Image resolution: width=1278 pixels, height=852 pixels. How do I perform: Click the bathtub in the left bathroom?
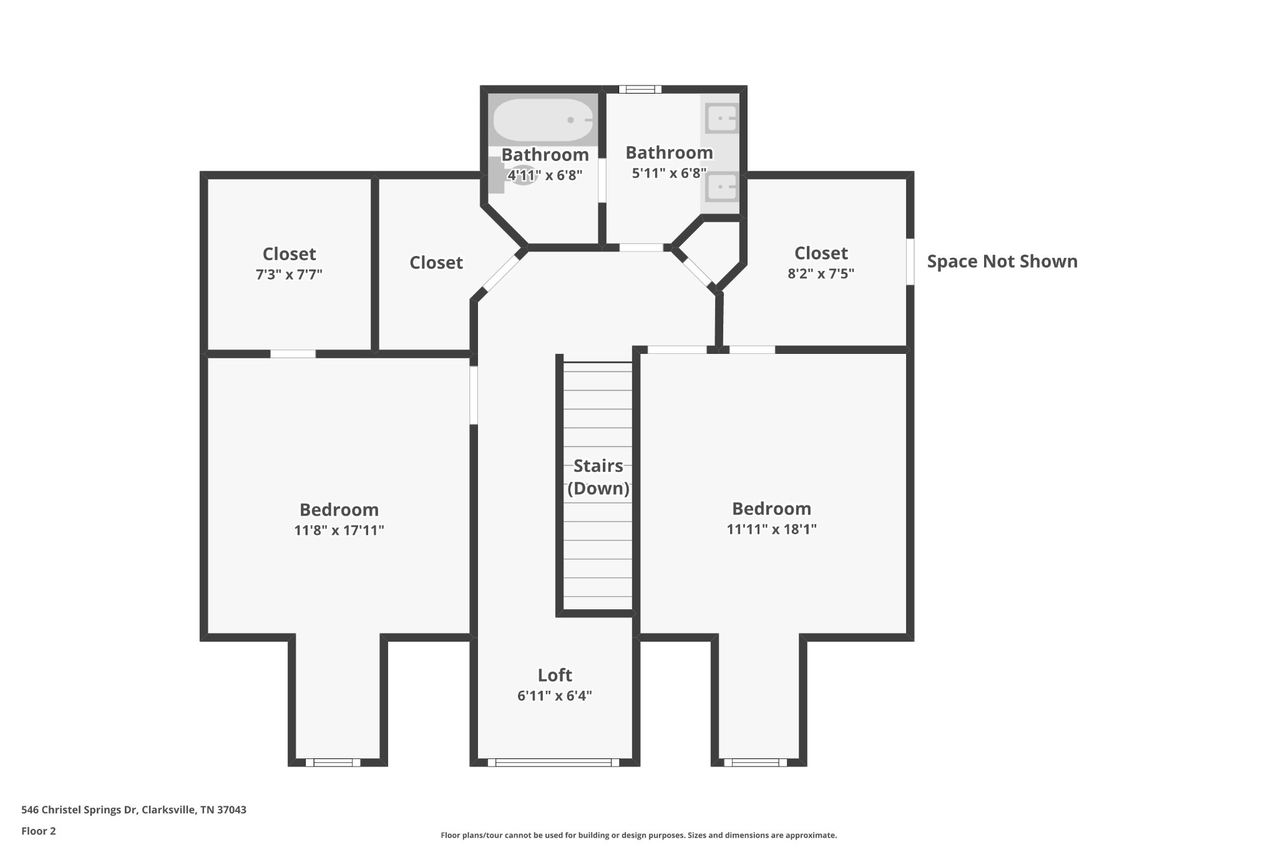click(x=542, y=120)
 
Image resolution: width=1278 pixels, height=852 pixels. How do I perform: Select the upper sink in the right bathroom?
click(x=721, y=118)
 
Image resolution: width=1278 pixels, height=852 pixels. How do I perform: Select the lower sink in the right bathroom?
click(x=721, y=187)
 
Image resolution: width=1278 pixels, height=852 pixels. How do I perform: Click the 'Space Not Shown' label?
click(x=1002, y=262)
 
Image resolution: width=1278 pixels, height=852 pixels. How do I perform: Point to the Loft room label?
click(x=555, y=675)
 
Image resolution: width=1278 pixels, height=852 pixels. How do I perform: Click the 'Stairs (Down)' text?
click(x=598, y=477)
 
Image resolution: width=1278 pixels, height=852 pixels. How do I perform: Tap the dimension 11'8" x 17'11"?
click(x=339, y=531)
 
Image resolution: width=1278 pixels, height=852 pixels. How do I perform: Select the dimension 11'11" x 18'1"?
click(x=771, y=529)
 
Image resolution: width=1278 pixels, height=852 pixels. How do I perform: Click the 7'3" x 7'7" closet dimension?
click(x=289, y=275)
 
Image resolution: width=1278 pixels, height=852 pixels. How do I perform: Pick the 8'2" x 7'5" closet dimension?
click(x=821, y=273)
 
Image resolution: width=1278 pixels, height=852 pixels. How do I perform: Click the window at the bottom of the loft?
click(x=554, y=762)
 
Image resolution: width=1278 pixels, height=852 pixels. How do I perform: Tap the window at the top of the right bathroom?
click(x=640, y=89)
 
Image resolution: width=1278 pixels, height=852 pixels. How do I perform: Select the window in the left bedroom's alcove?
click(x=333, y=762)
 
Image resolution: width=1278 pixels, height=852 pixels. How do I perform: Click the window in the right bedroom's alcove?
click(x=755, y=762)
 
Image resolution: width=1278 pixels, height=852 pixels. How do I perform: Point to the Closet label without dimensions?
click(x=436, y=263)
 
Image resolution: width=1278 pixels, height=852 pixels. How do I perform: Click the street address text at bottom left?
click(x=134, y=810)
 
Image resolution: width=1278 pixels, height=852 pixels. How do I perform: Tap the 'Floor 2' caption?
click(x=39, y=831)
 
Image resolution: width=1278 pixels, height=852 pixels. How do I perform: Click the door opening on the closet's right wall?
click(x=910, y=262)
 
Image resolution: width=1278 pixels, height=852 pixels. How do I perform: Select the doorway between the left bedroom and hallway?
click(x=474, y=395)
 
